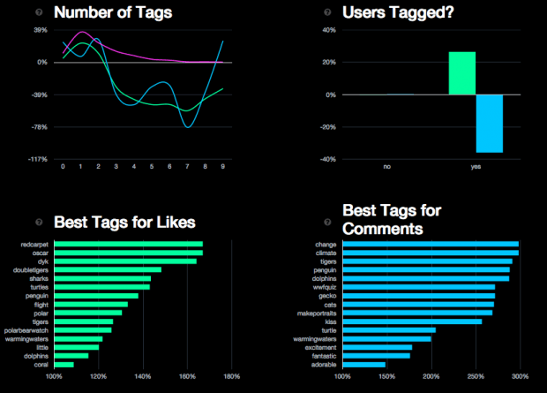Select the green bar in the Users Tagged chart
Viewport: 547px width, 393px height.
(x=462, y=72)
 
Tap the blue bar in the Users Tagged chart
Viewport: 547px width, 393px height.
(x=490, y=124)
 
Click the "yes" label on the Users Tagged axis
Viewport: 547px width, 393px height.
(x=476, y=166)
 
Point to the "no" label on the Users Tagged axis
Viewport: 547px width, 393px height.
(x=387, y=166)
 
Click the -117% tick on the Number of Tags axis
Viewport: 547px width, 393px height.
(x=37, y=159)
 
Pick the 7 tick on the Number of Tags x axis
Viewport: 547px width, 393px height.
(x=187, y=166)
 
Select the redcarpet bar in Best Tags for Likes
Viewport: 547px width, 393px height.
(x=129, y=244)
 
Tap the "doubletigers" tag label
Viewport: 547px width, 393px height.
(x=33, y=269)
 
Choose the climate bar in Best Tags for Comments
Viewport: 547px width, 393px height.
(x=430, y=253)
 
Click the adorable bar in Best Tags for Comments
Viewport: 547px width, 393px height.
(x=363, y=364)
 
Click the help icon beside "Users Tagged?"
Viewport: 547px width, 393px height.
(x=327, y=12)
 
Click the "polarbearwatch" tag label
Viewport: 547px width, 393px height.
(x=30, y=329)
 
